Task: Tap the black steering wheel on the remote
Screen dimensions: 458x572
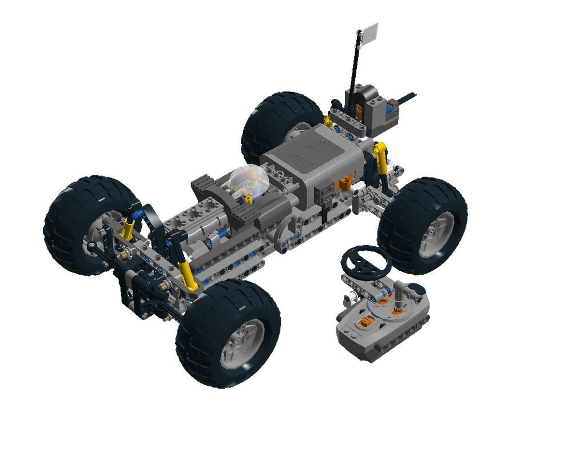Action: click(366, 260)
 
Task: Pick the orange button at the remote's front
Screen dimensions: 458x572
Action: click(364, 322)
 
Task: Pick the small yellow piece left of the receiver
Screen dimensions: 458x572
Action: click(328, 120)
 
